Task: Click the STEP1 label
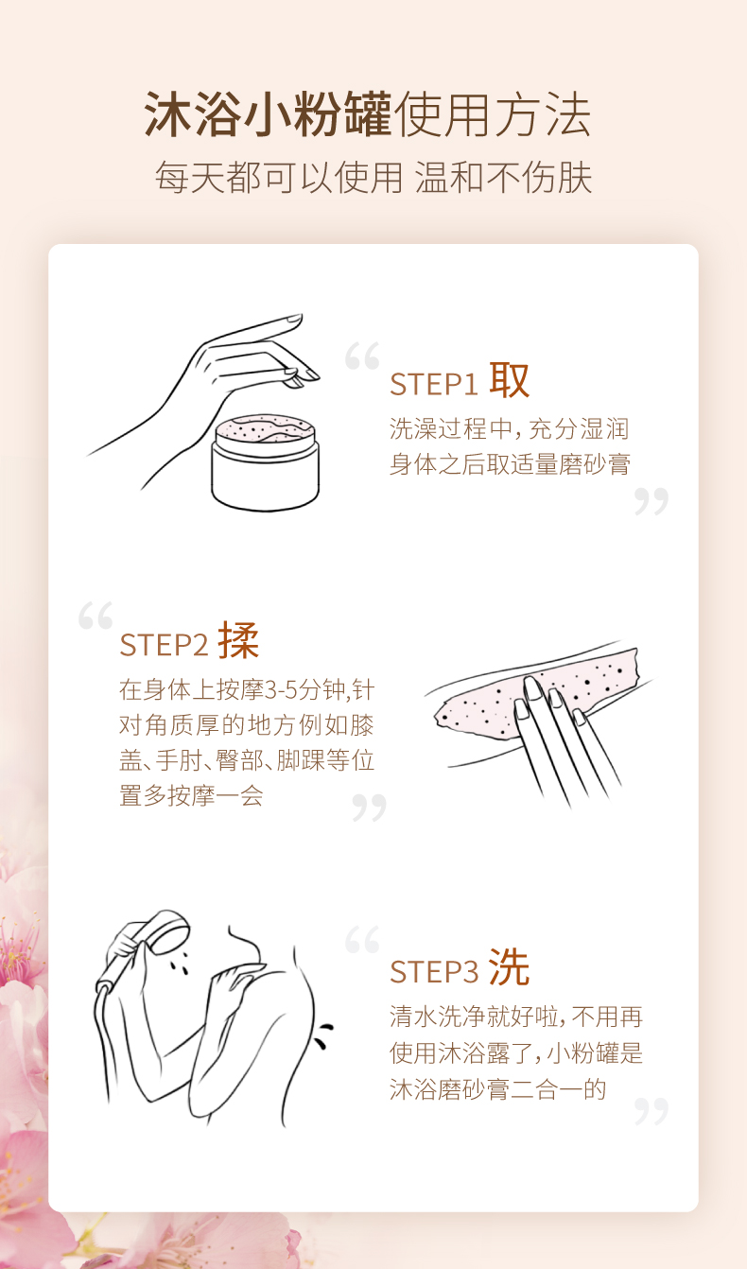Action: click(x=434, y=384)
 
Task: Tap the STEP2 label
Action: click(x=164, y=645)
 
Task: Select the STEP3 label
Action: click(x=434, y=971)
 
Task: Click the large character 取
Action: click(x=509, y=380)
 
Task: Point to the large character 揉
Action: click(x=238, y=640)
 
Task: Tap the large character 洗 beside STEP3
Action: click(x=509, y=967)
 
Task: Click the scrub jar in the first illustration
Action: click(x=265, y=462)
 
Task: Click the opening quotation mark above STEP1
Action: click(x=362, y=356)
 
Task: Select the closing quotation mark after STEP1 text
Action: click(x=651, y=501)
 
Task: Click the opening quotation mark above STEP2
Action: click(x=96, y=616)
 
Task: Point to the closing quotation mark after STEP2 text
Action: click(x=370, y=808)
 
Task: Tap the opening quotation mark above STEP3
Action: click(x=362, y=940)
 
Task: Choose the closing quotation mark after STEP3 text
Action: click(x=651, y=1111)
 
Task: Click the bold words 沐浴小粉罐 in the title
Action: click(x=268, y=114)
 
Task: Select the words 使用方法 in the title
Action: click(x=493, y=114)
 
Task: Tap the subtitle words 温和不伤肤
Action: click(x=503, y=178)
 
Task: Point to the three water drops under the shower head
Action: click(x=182, y=963)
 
